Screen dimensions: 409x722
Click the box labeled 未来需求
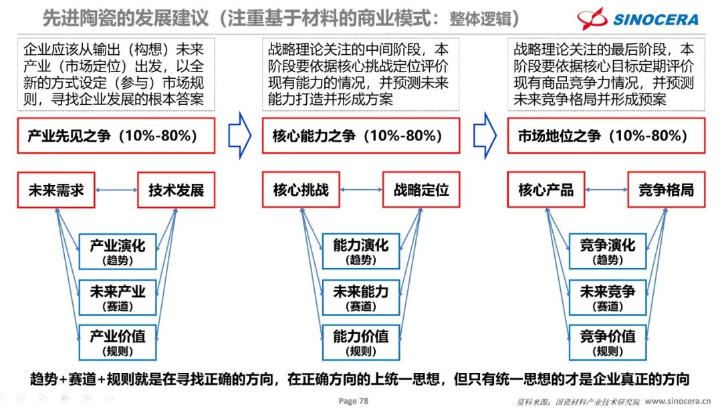tap(56, 190)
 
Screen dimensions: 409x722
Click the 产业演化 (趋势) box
tap(118, 251)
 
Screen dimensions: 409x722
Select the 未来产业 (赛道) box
tap(118, 296)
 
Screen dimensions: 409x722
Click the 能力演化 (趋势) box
tap(361, 251)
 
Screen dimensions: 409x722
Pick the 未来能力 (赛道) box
tap(361, 296)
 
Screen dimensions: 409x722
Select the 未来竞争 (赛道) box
tap(607, 296)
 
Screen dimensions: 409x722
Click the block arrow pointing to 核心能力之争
tap(239, 136)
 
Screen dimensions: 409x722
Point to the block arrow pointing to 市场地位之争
tap(485, 136)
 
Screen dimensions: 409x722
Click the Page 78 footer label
tap(354, 400)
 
